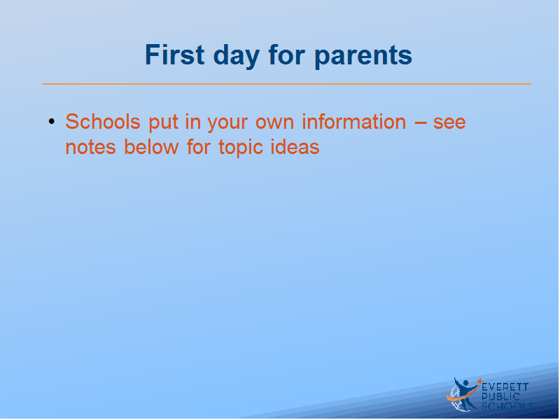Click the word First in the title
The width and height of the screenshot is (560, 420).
174,55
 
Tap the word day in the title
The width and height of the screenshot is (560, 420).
237,57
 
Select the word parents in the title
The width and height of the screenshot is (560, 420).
363,57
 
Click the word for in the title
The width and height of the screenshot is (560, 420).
287,55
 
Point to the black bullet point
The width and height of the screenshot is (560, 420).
52,121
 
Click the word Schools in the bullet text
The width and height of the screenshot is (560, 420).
103,121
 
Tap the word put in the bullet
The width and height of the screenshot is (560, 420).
164,123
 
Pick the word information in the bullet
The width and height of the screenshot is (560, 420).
354,121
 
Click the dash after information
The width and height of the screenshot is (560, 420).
421,123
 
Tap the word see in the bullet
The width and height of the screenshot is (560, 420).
449,123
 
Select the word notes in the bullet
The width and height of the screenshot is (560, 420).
91,148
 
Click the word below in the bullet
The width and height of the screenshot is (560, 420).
151,146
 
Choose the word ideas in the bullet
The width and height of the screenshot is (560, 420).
295,146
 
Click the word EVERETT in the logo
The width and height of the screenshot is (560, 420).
505,387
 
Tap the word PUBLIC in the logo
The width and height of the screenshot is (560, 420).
500,396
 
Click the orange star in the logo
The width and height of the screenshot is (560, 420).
479,381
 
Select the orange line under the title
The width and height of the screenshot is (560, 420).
286,84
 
